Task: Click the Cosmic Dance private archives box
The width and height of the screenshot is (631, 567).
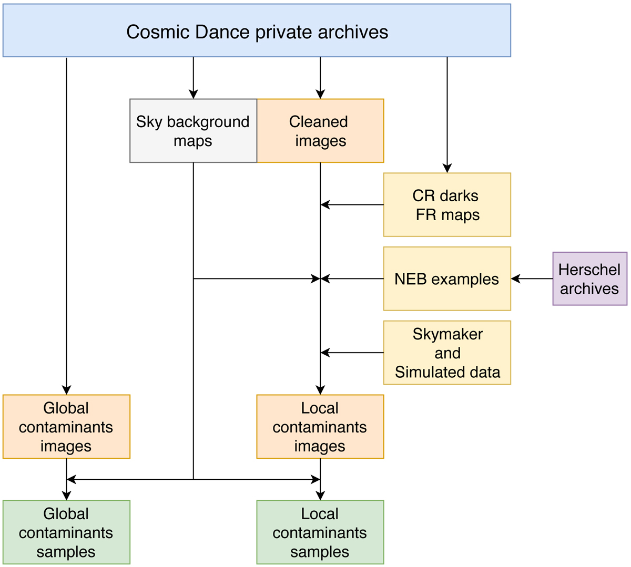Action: (x=257, y=30)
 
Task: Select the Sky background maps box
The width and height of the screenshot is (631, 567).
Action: (x=193, y=131)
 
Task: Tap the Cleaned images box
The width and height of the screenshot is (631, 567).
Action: (x=320, y=131)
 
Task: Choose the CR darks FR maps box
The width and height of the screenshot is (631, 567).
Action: (x=447, y=205)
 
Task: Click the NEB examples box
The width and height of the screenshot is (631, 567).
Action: (x=447, y=279)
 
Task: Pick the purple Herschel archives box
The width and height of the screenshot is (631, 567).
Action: (x=589, y=279)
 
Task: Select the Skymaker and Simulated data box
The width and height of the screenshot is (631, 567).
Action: (x=447, y=353)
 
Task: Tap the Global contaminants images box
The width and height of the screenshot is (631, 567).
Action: (x=66, y=427)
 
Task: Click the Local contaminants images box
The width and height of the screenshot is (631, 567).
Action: (x=320, y=427)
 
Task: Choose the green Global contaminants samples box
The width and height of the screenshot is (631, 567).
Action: (x=66, y=532)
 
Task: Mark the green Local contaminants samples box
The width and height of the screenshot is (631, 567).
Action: (x=320, y=532)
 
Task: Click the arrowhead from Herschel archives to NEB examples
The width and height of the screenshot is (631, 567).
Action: (x=515, y=279)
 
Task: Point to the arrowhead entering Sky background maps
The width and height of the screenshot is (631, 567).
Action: (x=194, y=95)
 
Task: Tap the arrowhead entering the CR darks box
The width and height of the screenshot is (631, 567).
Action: (x=447, y=169)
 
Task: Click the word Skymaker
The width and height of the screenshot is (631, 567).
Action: (x=447, y=334)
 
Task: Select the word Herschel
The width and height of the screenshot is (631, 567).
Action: (x=589, y=270)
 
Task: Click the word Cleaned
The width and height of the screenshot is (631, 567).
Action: (x=319, y=122)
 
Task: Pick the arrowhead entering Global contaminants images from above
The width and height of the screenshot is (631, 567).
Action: (x=66, y=390)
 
